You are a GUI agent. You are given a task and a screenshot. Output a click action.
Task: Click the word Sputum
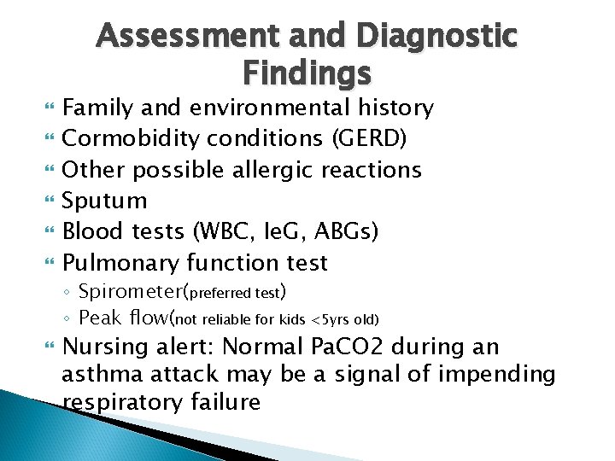(105, 201)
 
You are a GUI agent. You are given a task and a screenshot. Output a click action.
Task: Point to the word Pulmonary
(124, 262)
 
